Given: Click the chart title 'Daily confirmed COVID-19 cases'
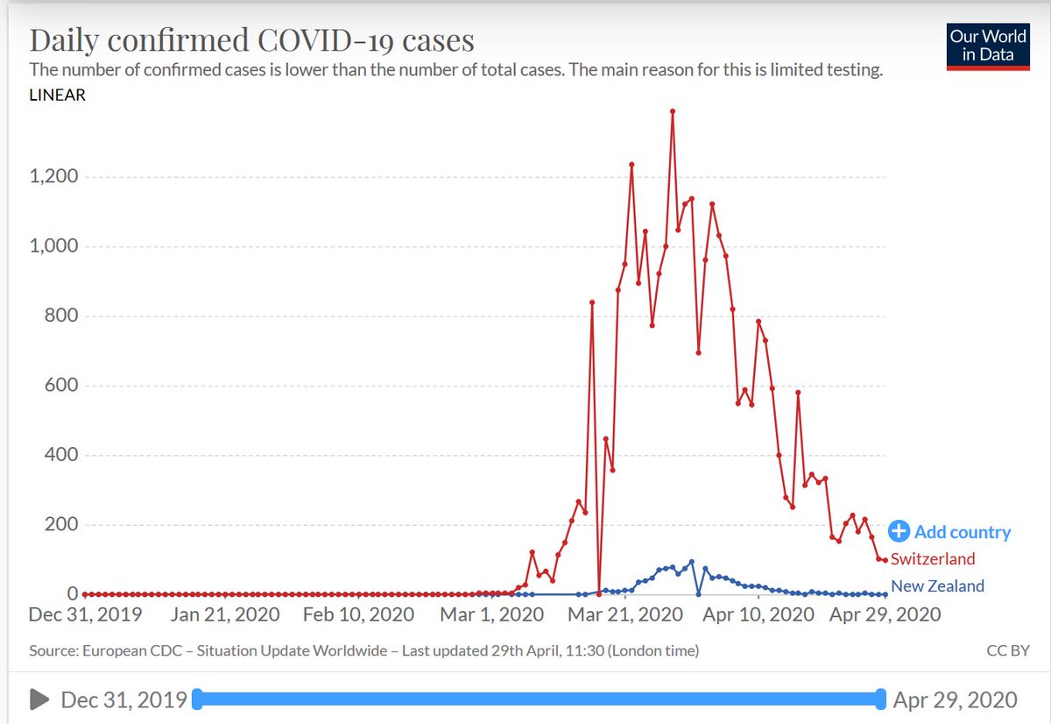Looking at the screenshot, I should pyautogui.click(x=252, y=40).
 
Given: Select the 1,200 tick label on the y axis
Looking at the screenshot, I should pyautogui.click(x=54, y=177).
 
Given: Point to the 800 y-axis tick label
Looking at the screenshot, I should pyautogui.click(x=64, y=316).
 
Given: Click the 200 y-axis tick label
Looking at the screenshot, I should pyautogui.click(x=64, y=525).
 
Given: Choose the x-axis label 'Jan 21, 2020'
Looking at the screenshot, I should pyautogui.click(x=225, y=614).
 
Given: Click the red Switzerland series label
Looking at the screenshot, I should pyautogui.click(x=933, y=559).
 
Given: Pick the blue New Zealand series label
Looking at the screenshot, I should pyautogui.click(x=937, y=586).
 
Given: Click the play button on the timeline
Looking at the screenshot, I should pyautogui.click(x=39, y=699).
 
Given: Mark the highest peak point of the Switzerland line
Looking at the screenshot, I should pyautogui.click(x=672, y=111).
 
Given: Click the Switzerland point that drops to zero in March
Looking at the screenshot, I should pyautogui.click(x=599, y=593).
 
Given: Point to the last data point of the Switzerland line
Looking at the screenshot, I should pyautogui.click(x=885, y=560).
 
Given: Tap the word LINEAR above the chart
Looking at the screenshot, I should pyautogui.click(x=58, y=96).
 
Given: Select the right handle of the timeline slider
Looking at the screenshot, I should pyautogui.click(x=879, y=699).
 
